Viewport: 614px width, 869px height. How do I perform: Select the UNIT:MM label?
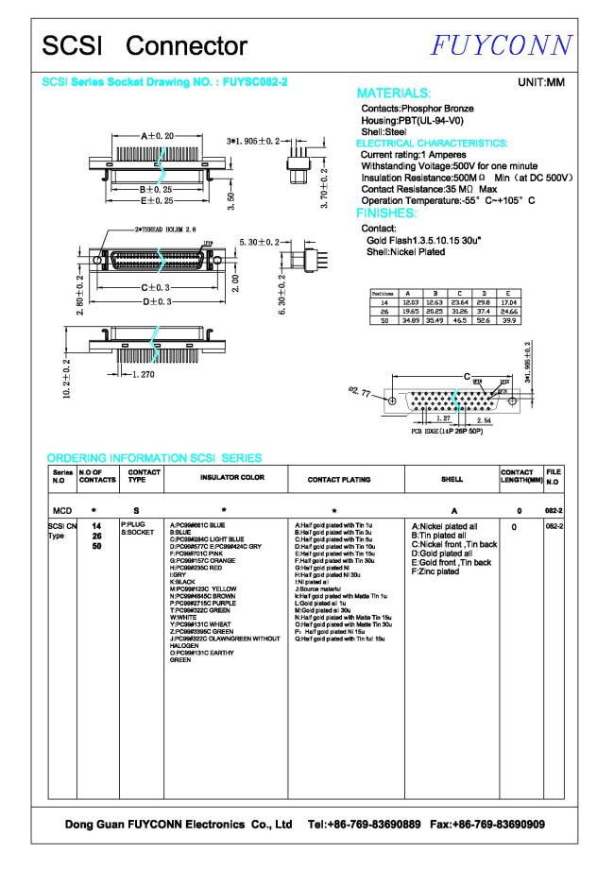(541, 83)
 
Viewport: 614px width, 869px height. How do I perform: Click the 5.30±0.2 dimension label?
(261, 243)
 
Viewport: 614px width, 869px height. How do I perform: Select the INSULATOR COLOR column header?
(226, 479)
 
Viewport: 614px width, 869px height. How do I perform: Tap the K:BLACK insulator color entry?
(181, 582)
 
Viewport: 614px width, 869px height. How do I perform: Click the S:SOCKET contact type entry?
(140, 532)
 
